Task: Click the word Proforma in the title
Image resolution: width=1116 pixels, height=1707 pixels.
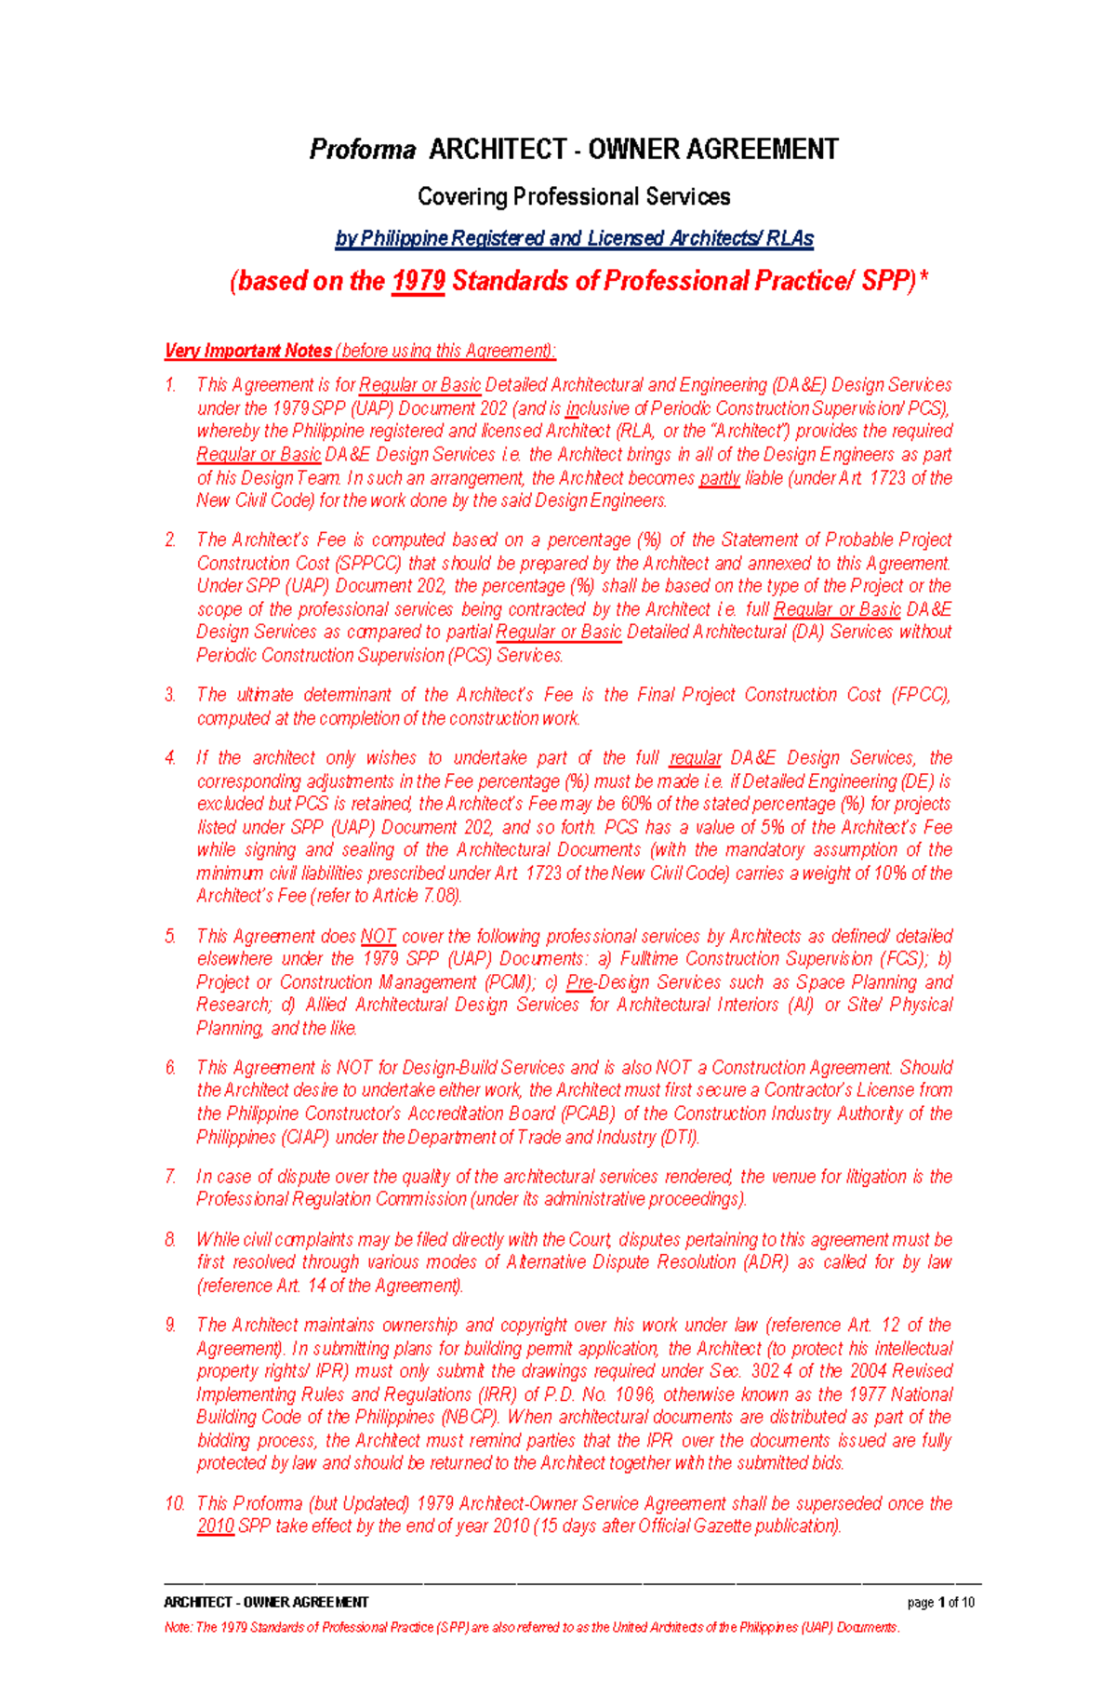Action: (363, 150)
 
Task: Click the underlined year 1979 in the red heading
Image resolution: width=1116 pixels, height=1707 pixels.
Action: (418, 281)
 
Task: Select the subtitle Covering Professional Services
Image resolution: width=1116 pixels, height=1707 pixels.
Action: (574, 197)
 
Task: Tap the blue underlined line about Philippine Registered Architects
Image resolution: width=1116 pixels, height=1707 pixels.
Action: (574, 239)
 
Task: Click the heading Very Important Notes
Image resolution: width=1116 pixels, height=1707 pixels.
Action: (248, 351)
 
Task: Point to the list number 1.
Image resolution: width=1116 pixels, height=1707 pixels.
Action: (170, 385)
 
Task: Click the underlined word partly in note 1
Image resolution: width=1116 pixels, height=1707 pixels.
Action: (719, 478)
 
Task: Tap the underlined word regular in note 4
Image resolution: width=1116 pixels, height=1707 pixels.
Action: (695, 758)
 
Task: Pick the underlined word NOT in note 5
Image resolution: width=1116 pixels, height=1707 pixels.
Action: (378, 937)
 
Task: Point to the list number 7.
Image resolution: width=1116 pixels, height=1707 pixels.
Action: (170, 1177)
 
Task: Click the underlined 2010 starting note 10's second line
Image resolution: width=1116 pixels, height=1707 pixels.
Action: (215, 1526)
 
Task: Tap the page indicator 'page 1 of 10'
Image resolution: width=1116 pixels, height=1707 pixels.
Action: (940, 1602)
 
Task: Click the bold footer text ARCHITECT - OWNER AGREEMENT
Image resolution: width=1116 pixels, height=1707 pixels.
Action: (266, 1602)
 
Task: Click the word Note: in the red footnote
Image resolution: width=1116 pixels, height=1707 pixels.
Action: (178, 1627)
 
